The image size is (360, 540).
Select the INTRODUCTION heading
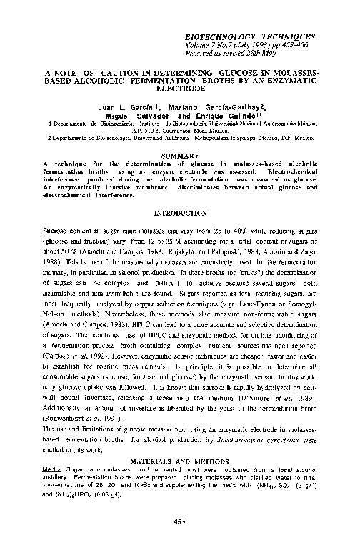[180, 214]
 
